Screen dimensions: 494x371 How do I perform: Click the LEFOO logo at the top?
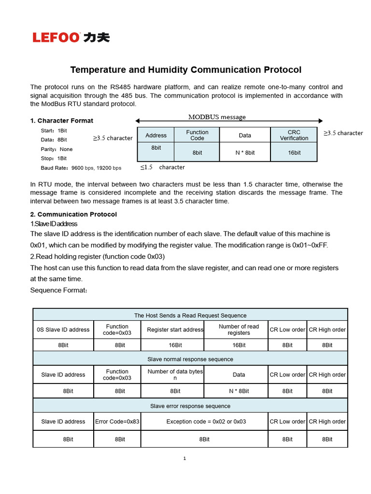[x=71, y=37]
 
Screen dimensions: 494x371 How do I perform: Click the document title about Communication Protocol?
[x=185, y=70]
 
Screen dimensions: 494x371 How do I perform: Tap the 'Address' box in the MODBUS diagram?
[x=156, y=135]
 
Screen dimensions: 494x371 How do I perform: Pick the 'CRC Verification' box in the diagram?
[x=294, y=135]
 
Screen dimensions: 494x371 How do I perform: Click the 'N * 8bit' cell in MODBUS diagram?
[x=245, y=152]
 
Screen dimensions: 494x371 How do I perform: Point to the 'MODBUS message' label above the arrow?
[x=217, y=117]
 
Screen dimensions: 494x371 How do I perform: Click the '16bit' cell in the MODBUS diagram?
[x=294, y=152]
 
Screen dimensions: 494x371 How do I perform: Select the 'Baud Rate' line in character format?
[x=81, y=168]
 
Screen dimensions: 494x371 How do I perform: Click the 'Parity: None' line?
[x=57, y=149]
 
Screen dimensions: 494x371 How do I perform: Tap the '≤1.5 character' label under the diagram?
[x=163, y=167]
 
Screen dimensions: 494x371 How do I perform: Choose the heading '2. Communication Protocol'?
[x=73, y=214]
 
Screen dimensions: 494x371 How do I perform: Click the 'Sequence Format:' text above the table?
[x=58, y=290]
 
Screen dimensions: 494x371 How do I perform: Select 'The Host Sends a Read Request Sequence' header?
[x=190, y=316]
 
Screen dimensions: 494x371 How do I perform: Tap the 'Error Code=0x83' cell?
[x=117, y=422]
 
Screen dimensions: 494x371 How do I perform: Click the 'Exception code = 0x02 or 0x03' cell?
[x=206, y=422]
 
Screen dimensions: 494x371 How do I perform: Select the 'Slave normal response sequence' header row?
[x=190, y=359]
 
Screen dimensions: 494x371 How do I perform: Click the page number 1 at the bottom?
[x=185, y=458]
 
